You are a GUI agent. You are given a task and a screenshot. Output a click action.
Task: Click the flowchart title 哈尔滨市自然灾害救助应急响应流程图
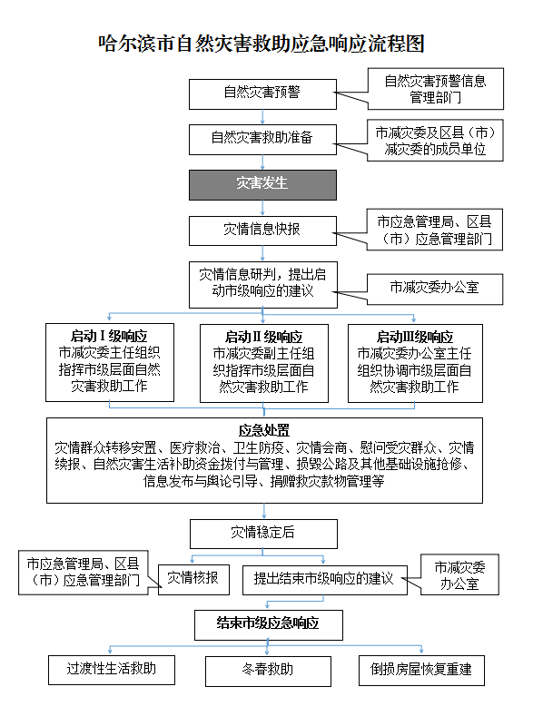coord(262,44)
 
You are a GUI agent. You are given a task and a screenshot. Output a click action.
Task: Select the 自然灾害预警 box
coord(262,94)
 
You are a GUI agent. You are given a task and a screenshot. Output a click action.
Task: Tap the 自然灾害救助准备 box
coord(262,140)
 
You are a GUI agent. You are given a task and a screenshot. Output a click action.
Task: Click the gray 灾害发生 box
coord(262,185)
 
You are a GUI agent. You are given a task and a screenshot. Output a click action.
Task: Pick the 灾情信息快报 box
coord(262,231)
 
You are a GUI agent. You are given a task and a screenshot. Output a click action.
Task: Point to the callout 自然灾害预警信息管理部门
coord(435,89)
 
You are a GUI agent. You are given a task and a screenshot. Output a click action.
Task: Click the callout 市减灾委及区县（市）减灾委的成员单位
coord(435,141)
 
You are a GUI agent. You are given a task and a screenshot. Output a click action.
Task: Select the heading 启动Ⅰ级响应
coord(109,336)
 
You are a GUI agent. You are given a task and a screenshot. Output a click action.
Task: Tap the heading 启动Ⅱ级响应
coord(263,337)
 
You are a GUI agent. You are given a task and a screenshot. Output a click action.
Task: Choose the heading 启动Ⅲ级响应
coord(414,337)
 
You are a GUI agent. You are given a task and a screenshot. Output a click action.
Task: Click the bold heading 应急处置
coord(264,430)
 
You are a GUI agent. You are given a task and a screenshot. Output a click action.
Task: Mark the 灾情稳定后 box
coord(263,534)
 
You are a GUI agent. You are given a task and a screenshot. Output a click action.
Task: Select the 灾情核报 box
coord(193,579)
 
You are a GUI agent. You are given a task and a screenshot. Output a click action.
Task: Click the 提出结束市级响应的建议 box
coord(325,580)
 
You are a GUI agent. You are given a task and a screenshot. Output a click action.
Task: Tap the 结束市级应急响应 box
coord(269,625)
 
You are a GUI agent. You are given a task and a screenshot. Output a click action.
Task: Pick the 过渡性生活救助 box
coord(112,670)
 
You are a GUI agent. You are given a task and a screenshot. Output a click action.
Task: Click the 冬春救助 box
coord(268,671)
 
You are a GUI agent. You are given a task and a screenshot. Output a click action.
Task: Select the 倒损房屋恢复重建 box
coord(421,671)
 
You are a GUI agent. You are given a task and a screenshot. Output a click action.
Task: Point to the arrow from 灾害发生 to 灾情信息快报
coord(262,208)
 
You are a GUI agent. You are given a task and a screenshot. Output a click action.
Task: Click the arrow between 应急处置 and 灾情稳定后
coord(264,511)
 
